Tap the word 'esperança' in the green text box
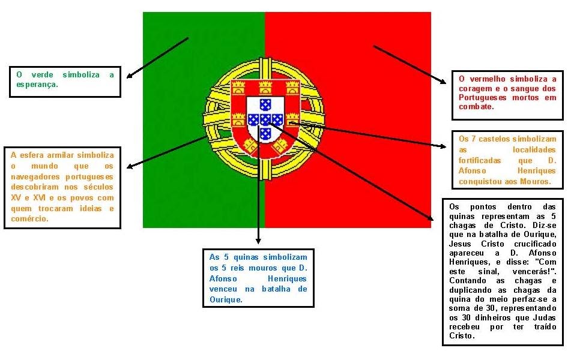click(x=37, y=85)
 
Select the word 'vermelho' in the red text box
click(x=487, y=79)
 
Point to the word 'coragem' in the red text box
click(x=475, y=88)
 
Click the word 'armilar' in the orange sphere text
click(x=66, y=155)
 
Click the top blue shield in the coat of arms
click(x=265, y=104)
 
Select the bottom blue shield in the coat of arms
click(x=265, y=133)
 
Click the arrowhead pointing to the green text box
click(x=130, y=76)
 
